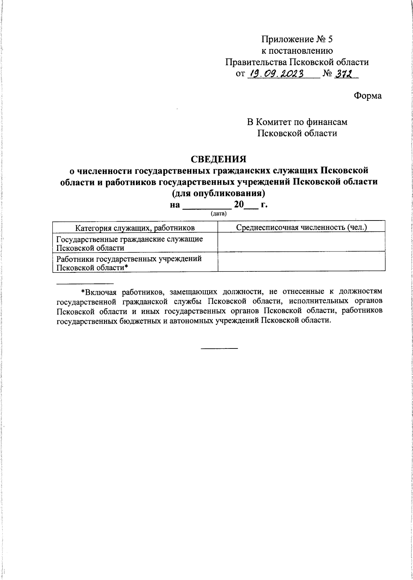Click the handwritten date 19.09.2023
(277, 74)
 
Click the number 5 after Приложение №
(330, 39)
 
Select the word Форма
(368, 96)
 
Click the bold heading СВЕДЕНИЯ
(219, 159)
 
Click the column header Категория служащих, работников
(135, 227)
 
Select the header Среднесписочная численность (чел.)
(301, 227)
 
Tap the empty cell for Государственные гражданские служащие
(301, 242)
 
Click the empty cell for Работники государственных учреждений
(301, 262)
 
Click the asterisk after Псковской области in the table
(126, 267)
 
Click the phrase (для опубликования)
(219, 193)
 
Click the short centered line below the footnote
(219, 348)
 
